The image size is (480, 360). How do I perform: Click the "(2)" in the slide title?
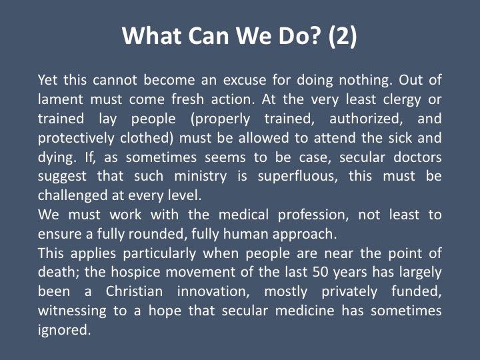click(x=343, y=35)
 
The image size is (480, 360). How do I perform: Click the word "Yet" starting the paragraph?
click(x=47, y=79)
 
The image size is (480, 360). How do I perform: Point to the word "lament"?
click(x=60, y=99)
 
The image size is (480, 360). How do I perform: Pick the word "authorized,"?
click(x=366, y=119)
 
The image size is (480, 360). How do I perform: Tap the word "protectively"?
click(x=76, y=139)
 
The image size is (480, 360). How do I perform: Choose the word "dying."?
click(x=57, y=158)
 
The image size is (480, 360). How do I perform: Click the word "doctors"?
click(x=417, y=157)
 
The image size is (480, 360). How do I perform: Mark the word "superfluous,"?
click(x=297, y=177)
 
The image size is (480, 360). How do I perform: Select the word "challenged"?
click(x=73, y=196)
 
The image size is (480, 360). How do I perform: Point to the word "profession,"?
click(x=313, y=215)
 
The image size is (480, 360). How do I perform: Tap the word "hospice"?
click(x=135, y=273)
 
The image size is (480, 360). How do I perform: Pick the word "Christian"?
click(x=135, y=291)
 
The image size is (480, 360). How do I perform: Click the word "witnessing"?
click(x=72, y=311)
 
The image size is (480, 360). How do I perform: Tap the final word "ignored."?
click(x=64, y=331)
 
